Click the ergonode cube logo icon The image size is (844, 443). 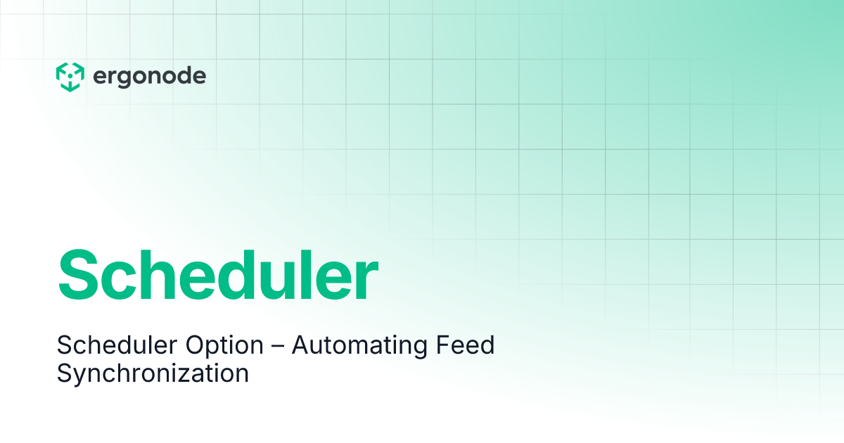70,77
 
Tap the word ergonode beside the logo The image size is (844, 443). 149,76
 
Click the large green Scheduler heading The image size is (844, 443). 217,275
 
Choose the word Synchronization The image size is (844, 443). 153,373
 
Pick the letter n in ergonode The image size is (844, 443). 160,77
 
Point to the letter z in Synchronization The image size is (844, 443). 195,374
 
